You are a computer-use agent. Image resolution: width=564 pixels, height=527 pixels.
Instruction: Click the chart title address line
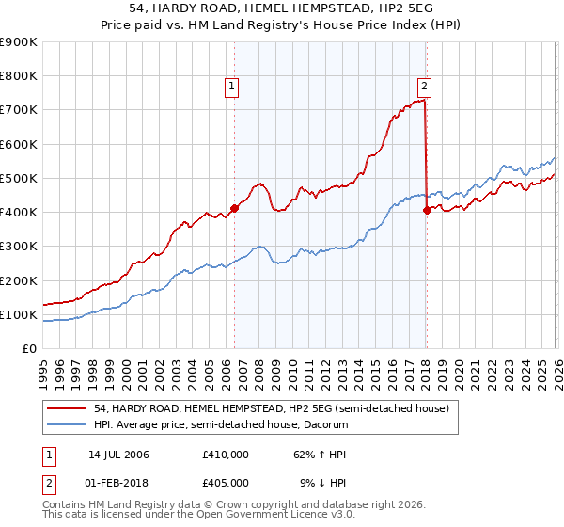pyautogui.click(x=282, y=8)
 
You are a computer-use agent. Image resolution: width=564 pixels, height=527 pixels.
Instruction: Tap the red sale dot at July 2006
pyautogui.click(x=234, y=209)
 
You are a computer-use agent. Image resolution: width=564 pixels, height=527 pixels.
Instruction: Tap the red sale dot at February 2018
pyautogui.click(x=427, y=210)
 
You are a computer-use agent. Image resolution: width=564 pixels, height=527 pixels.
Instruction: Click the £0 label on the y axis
pyautogui.click(x=29, y=349)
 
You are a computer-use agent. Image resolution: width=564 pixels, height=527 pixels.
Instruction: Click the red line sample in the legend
pyautogui.click(x=69, y=407)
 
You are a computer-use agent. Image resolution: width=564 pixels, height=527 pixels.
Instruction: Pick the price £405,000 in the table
pyautogui.click(x=226, y=482)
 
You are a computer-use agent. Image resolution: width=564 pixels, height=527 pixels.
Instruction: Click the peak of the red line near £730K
pyautogui.click(x=424, y=101)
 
